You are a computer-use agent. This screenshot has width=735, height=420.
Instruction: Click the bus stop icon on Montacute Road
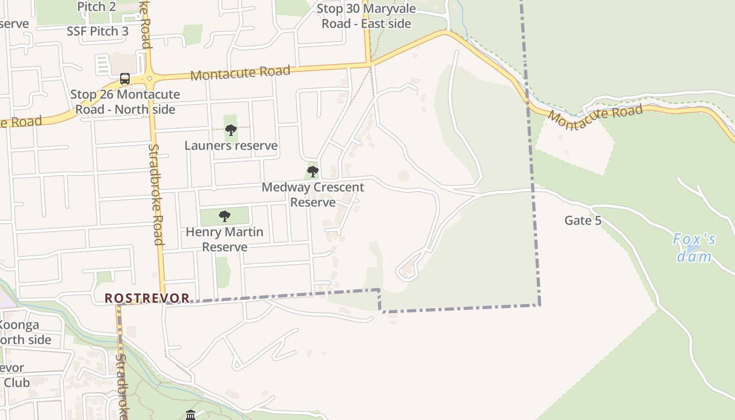(125, 79)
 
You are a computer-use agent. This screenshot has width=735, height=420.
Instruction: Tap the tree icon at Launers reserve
(230, 130)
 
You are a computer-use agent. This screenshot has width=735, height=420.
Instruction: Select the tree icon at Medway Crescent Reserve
(312, 171)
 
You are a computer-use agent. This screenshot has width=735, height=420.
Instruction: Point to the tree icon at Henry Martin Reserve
(224, 216)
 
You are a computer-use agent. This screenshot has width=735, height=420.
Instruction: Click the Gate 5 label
(583, 220)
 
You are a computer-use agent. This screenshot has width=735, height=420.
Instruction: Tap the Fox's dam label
(694, 248)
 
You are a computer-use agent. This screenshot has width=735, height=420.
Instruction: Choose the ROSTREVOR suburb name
(147, 298)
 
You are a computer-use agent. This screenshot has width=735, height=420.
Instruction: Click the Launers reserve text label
(230, 145)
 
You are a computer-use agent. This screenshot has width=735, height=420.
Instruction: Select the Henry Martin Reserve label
(224, 239)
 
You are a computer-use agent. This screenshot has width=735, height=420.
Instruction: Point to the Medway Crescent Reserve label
(312, 195)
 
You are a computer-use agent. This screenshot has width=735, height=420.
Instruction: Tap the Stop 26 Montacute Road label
(125, 102)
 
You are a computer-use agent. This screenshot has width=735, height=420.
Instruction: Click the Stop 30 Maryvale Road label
(366, 16)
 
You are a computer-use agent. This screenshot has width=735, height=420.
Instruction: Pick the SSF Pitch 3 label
(97, 31)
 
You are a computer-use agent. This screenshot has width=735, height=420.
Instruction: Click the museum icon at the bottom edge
(191, 415)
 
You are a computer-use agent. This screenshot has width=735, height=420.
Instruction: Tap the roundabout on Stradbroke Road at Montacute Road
(150, 79)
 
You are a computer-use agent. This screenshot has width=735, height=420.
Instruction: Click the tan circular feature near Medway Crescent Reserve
(403, 176)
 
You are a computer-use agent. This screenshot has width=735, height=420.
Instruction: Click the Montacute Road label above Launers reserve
(240, 72)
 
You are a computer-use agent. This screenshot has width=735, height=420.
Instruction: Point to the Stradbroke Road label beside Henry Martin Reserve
(156, 194)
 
